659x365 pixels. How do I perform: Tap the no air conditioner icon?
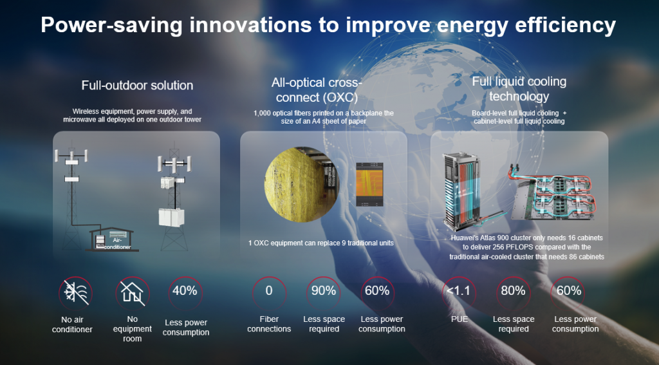(x=76, y=293)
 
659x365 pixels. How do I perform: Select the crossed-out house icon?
(x=133, y=293)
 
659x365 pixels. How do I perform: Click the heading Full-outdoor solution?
(x=138, y=86)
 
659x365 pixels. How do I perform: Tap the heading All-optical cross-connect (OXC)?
(x=317, y=90)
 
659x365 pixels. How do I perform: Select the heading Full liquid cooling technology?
(x=519, y=89)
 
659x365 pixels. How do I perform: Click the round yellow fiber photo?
(x=302, y=184)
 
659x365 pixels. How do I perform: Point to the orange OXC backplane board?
(x=369, y=184)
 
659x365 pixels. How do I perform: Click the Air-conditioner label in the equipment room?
(x=117, y=243)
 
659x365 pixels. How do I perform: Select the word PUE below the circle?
(x=459, y=319)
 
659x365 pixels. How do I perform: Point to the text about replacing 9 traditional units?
(x=321, y=243)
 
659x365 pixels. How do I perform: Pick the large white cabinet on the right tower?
(x=171, y=217)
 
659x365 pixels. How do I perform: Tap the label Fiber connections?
(x=269, y=324)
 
